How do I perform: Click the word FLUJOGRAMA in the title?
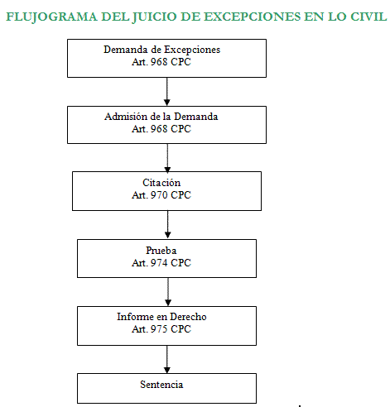pos(51,17)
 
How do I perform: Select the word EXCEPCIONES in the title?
pos(252,17)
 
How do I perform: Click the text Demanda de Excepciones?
pos(162,50)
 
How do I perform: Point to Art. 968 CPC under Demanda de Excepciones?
pos(161,62)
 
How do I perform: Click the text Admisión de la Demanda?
pos(161,117)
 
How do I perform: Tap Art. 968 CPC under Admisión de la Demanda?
pos(161,129)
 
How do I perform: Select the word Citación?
pos(161,183)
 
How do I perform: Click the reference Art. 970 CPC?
pos(161,195)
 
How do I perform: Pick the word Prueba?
pos(161,251)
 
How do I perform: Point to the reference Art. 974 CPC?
pos(161,263)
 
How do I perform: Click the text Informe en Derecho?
pos(161,317)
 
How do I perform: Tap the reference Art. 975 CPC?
pos(161,329)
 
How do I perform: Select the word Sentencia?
pos(161,385)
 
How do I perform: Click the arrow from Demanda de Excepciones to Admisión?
pos(167,92)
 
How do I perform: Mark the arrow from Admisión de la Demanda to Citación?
pos(167,158)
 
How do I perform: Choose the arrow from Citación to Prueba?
pos(167,225)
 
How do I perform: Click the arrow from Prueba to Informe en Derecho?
pos(168,292)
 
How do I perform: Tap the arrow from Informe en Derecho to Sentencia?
pos(167,359)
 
